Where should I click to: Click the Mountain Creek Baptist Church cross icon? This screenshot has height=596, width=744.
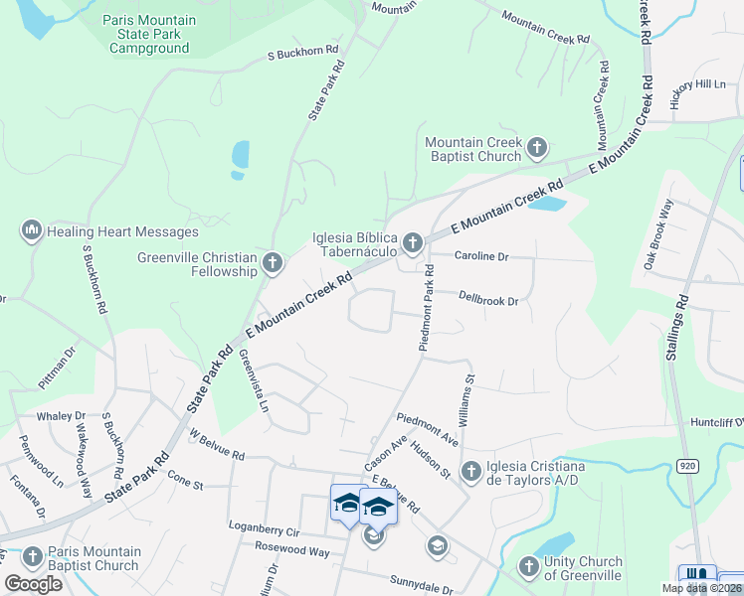(x=537, y=149)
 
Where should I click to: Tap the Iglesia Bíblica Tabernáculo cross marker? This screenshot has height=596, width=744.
(x=413, y=241)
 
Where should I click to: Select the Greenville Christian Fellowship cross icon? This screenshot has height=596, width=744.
(x=274, y=263)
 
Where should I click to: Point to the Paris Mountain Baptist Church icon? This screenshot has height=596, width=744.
(x=32, y=558)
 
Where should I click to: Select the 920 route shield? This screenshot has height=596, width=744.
(x=687, y=465)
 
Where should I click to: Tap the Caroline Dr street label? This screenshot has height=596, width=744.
(x=481, y=256)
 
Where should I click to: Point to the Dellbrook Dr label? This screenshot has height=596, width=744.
(x=488, y=298)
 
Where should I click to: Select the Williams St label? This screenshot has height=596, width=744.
(x=468, y=395)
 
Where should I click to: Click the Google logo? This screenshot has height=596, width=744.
(x=34, y=583)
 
